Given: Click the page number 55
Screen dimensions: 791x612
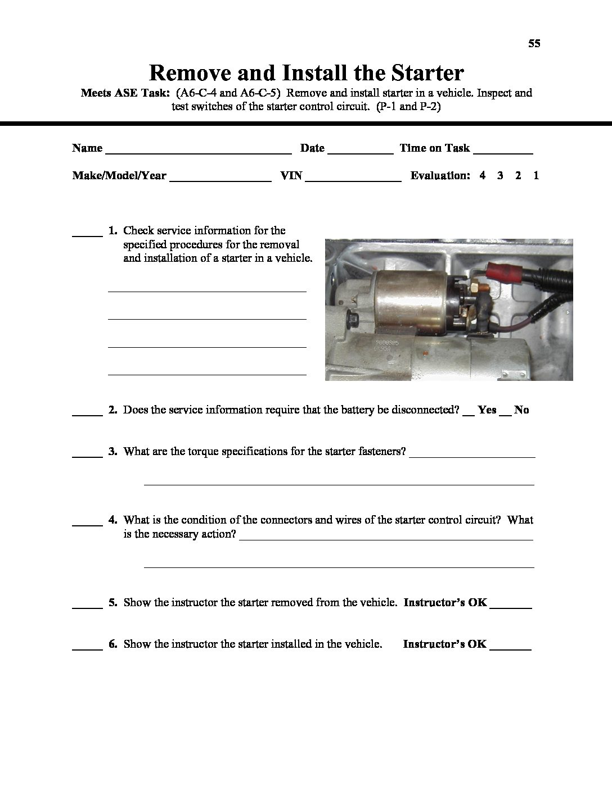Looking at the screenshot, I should [534, 43].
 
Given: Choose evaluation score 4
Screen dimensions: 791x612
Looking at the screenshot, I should [483, 175].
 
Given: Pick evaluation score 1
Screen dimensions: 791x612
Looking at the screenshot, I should [536, 175].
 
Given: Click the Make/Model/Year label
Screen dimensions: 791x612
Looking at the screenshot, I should [119, 175].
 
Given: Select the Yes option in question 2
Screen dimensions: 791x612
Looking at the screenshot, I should [487, 410].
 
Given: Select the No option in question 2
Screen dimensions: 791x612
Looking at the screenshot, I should [521, 410].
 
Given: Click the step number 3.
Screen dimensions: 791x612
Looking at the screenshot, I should [112, 452].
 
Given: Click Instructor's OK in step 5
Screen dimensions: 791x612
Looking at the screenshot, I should [445, 602].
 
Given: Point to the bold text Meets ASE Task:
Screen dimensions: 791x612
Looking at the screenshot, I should [125, 93].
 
